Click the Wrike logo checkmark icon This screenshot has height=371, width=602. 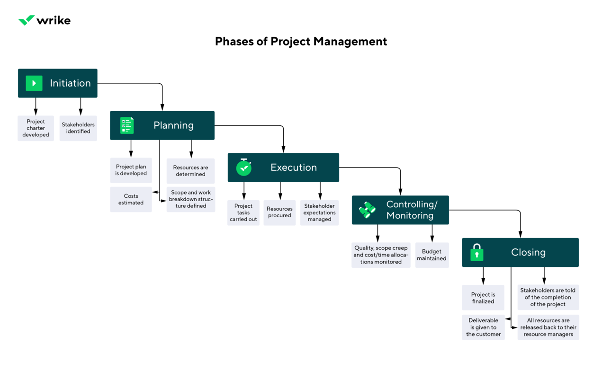coord(27,20)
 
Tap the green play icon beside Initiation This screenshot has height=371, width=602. coord(34,83)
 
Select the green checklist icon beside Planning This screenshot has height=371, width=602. coord(127,125)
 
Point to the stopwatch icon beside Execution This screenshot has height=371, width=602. coord(244,167)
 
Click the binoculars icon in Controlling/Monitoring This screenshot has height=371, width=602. coord(367,210)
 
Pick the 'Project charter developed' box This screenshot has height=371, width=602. coord(36,128)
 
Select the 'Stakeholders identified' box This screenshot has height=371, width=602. coord(78,128)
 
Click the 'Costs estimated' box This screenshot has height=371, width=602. coord(131,199)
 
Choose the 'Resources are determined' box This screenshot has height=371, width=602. coord(190,171)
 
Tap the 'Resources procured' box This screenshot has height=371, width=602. coord(279,212)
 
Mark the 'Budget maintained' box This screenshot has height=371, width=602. coord(431,255)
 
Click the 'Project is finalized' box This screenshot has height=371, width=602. coord(483,298)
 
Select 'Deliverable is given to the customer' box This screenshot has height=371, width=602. coord(483,327)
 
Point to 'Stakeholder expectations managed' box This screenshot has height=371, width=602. coord(319,212)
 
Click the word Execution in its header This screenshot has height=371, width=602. coord(294,168)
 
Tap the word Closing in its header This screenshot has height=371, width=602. coord(528,252)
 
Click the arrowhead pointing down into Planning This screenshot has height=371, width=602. coord(162,108)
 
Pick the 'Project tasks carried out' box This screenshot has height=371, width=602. coord(243,212)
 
